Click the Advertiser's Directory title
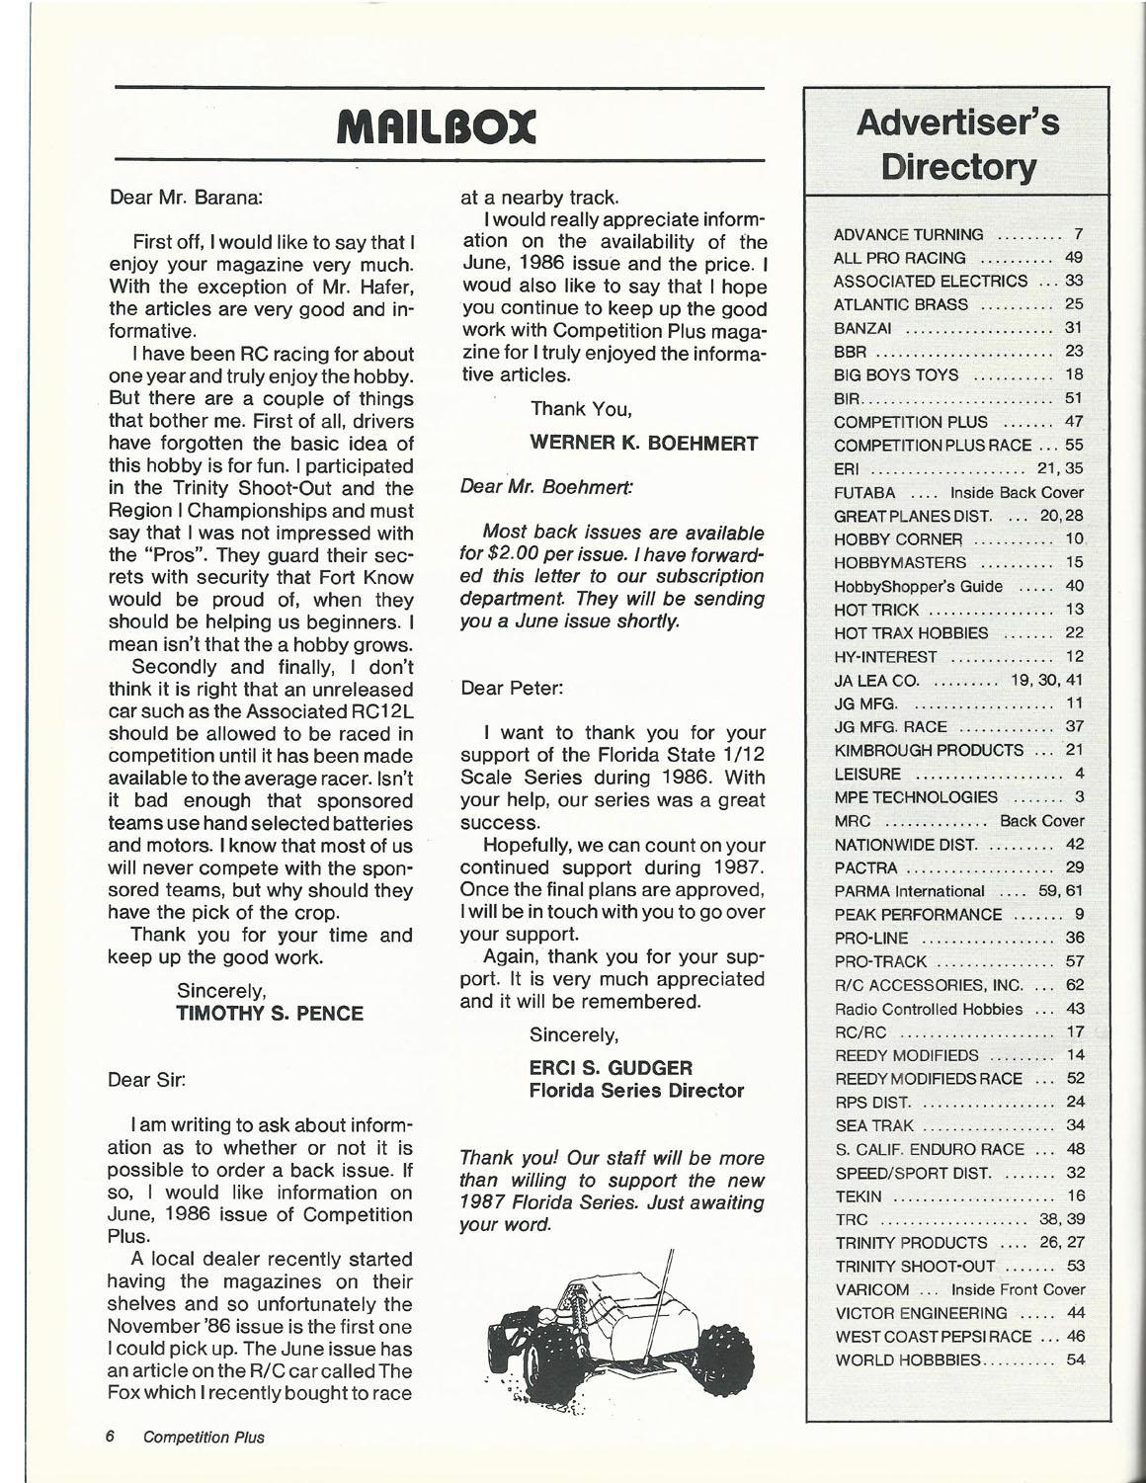click(958, 144)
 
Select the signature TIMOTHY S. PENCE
click(269, 1013)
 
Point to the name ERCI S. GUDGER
click(611, 1068)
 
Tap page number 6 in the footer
click(111, 1437)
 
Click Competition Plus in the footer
click(204, 1437)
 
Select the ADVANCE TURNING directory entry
click(908, 234)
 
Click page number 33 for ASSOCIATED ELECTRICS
click(1075, 282)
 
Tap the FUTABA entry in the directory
click(864, 492)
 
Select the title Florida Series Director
click(636, 1091)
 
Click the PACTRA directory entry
click(865, 867)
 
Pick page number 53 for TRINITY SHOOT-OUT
click(1076, 1266)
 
